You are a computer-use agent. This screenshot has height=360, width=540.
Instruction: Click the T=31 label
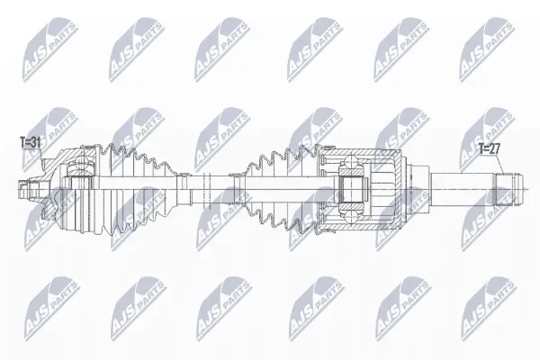(31, 142)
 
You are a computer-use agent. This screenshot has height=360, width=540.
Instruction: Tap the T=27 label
(490, 148)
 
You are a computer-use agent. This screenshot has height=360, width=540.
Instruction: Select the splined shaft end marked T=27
(508, 190)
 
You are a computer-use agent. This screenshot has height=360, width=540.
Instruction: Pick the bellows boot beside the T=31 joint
(138, 190)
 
